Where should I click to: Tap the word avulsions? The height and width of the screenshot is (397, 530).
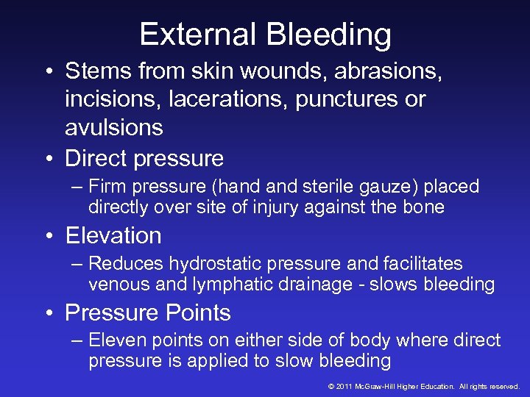114,127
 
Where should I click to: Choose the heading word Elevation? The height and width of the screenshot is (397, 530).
113,235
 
